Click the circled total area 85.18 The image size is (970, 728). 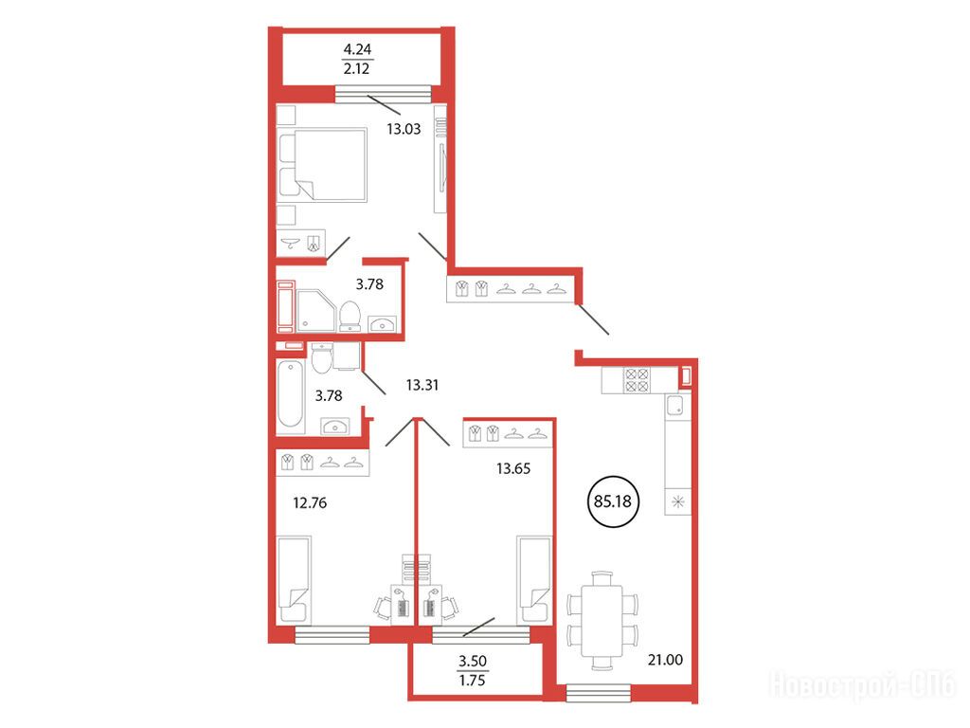[613, 500]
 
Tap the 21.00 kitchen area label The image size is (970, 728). [665, 660]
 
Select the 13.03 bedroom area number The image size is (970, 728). [404, 129]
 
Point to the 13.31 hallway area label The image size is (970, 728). [422, 385]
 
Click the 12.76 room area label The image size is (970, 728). [310, 502]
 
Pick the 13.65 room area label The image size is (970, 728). [512, 468]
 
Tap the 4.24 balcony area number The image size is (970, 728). [357, 49]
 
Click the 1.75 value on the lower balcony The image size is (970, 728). [472, 681]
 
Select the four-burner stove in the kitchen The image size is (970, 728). [637, 380]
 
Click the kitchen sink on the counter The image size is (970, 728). [674, 405]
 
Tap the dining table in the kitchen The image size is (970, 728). [602, 621]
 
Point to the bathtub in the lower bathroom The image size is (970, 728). [290, 394]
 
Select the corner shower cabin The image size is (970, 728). [316, 311]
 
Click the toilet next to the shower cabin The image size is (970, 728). [350, 317]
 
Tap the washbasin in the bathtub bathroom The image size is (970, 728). [335, 426]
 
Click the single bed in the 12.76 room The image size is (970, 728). [294, 580]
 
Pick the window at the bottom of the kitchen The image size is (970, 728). [599, 693]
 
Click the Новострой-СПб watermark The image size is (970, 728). [863, 685]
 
